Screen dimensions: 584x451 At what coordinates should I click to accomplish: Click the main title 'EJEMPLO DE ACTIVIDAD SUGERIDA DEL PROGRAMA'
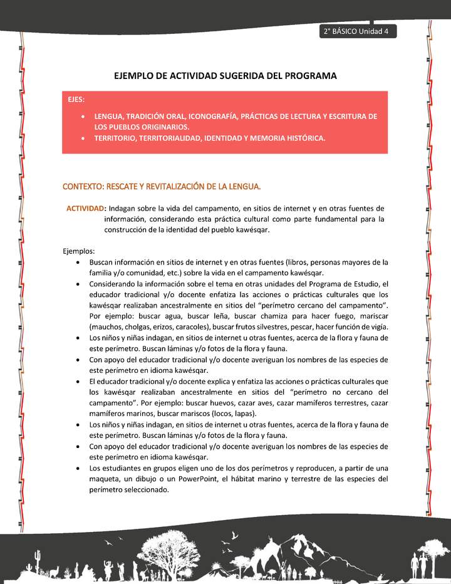pyautogui.click(x=225, y=76)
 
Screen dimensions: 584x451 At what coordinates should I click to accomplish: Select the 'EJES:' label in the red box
pyautogui.click(x=77, y=99)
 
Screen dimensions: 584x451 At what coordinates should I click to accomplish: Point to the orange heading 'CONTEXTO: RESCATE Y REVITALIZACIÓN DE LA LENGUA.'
pyautogui.click(x=162, y=187)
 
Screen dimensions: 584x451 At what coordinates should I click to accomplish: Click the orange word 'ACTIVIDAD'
pyautogui.click(x=86, y=208)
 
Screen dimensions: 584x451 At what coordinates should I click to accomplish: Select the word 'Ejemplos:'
pyautogui.click(x=78, y=251)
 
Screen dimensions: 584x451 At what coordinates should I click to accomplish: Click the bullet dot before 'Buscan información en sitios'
pyautogui.click(x=77, y=263)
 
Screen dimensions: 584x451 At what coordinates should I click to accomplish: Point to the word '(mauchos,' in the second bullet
pyautogui.click(x=107, y=327)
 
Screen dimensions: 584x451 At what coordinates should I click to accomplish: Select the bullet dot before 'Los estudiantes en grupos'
pyautogui.click(x=77, y=469)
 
